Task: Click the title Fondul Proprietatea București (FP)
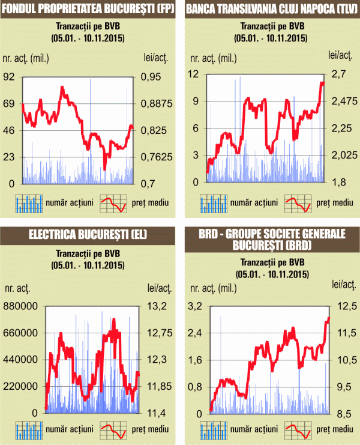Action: click(88, 9)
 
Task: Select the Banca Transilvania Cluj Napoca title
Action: click(270, 9)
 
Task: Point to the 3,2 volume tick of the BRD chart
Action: click(197, 306)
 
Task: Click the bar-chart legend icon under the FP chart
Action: click(30, 204)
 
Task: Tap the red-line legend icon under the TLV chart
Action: click(298, 204)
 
